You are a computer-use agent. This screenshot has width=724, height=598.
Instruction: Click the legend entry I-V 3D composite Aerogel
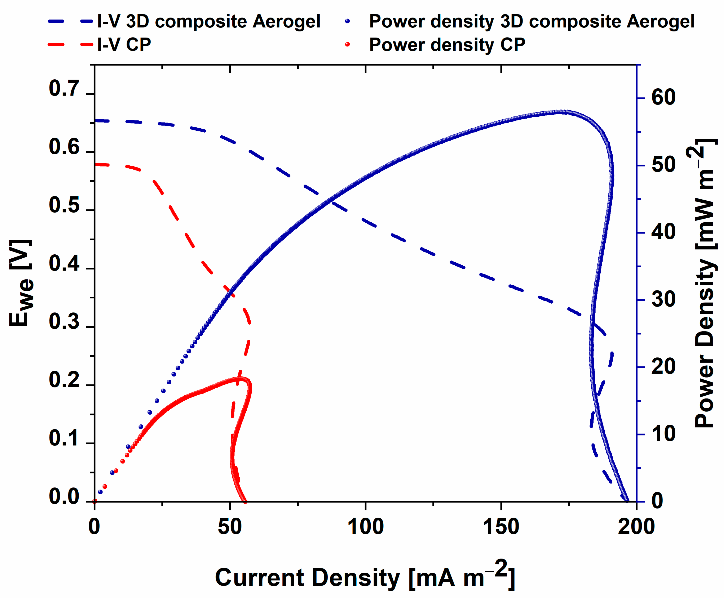(x=208, y=21)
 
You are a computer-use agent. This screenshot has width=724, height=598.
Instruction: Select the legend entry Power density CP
(x=447, y=45)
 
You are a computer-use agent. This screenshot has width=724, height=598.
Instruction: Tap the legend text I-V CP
(x=124, y=45)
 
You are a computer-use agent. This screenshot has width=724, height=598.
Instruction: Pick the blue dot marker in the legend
(x=347, y=21)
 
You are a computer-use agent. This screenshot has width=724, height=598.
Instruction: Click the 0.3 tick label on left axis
(x=64, y=322)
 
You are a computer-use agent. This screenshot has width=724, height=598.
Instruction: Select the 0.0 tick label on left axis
(x=64, y=497)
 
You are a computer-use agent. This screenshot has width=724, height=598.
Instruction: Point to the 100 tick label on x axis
(x=365, y=527)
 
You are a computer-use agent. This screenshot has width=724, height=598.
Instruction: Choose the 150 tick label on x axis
(x=501, y=527)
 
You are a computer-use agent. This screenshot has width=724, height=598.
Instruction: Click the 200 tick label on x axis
(x=636, y=527)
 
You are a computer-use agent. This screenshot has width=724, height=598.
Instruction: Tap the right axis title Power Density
(x=704, y=282)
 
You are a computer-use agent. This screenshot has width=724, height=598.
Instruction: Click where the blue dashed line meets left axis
(x=95, y=121)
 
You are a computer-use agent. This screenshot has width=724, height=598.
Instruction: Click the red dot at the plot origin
(x=95, y=501)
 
